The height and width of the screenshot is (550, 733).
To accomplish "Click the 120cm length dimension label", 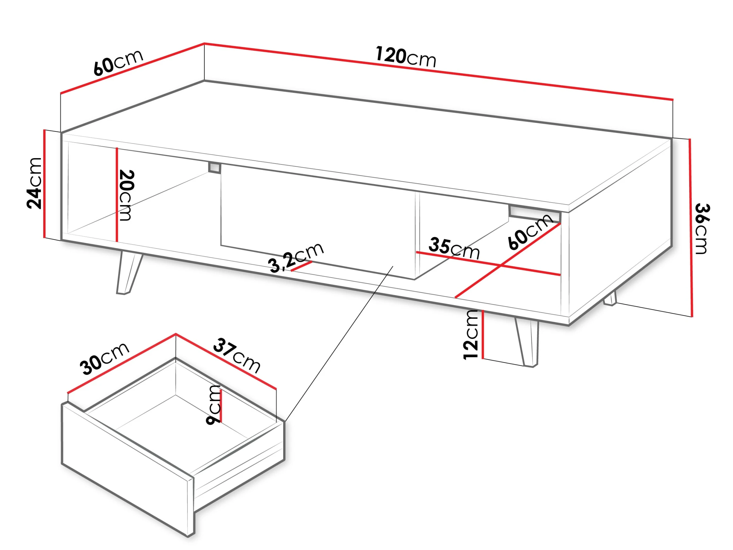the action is tap(406, 57).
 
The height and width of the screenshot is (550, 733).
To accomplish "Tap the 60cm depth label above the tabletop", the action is tap(118, 63).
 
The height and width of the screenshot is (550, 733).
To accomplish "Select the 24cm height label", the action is tap(35, 183).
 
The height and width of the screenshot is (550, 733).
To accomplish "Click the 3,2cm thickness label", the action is tap(296, 257).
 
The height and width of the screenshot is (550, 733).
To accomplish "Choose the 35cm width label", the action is tap(454, 249).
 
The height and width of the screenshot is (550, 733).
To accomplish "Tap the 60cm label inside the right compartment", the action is tap(530, 231).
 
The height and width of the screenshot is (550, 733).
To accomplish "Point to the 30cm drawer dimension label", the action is tap(104, 359).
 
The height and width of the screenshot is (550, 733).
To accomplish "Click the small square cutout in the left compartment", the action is tap(215, 168).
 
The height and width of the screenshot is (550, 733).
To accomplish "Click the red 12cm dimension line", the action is tap(483, 334).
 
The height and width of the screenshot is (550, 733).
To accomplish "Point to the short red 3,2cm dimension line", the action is tap(302, 266).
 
